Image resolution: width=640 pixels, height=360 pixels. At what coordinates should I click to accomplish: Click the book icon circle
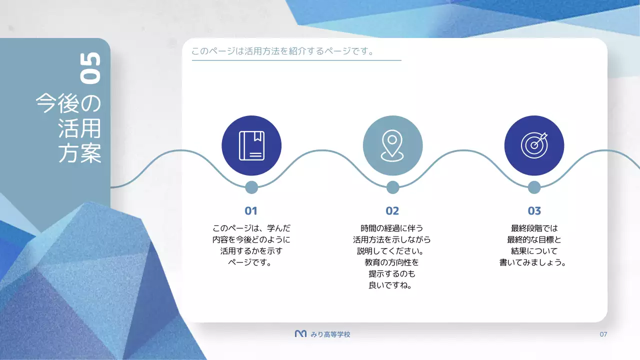point(251,145)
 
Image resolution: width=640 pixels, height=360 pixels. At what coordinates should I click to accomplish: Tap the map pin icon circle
point(392,145)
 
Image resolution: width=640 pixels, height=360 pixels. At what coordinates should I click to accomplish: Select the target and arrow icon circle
point(534,145)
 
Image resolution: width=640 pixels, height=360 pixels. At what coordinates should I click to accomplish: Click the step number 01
point(251,211)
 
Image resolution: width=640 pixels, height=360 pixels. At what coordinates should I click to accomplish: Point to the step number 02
point(392,211)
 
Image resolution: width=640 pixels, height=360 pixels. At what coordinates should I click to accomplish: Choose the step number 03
point(534,211)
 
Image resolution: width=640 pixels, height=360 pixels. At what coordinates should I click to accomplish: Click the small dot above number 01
point(251,187)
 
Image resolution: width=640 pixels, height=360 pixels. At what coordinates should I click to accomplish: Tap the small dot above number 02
point(393,187)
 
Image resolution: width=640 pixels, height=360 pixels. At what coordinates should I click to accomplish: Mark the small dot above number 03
point(534,187)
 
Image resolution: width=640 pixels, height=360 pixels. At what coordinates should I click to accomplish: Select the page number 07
point(603,334)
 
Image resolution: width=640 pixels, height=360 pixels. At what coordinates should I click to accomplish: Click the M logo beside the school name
point(300,333)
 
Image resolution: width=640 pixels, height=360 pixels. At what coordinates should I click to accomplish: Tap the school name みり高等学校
point(330,334)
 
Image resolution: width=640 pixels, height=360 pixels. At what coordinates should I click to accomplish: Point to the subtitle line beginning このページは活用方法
point(283,51)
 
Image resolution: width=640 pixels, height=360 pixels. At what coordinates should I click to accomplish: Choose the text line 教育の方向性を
point(392,262)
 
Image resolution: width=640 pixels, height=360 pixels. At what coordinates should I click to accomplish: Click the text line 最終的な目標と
point(534,239)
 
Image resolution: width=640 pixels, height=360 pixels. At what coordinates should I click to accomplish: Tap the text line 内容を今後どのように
point(251,239)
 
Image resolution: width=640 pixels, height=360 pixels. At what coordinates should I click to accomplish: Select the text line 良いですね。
point(392,285)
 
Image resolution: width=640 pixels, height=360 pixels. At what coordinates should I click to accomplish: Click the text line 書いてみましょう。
point(534,262)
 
